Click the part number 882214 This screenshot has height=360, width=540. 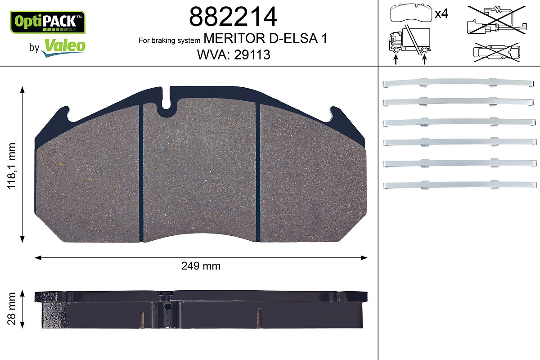[233, 16]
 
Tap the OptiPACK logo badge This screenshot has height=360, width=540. [48, 22]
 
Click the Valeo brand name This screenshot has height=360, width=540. [65, 46]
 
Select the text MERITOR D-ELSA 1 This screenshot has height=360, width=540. [265, 38]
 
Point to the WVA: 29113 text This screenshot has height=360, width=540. [234, 54]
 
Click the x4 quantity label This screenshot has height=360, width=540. [441, 13]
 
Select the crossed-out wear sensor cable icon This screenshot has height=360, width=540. [497, 20]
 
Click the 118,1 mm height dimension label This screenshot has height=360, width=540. [12, 166]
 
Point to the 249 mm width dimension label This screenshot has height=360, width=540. [201, 266]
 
